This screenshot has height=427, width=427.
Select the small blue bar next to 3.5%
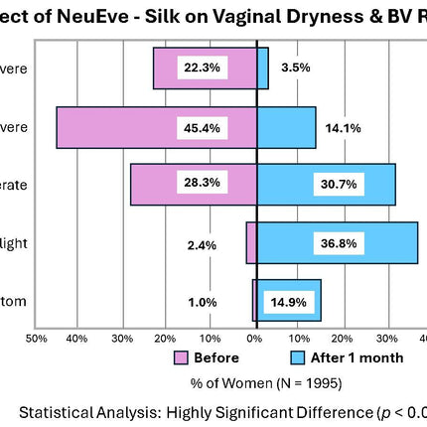point(262,68)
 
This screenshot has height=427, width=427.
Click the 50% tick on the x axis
point(36,339)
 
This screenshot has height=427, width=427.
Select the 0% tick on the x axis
point(254,339)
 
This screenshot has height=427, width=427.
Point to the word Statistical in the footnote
point(63,412)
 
